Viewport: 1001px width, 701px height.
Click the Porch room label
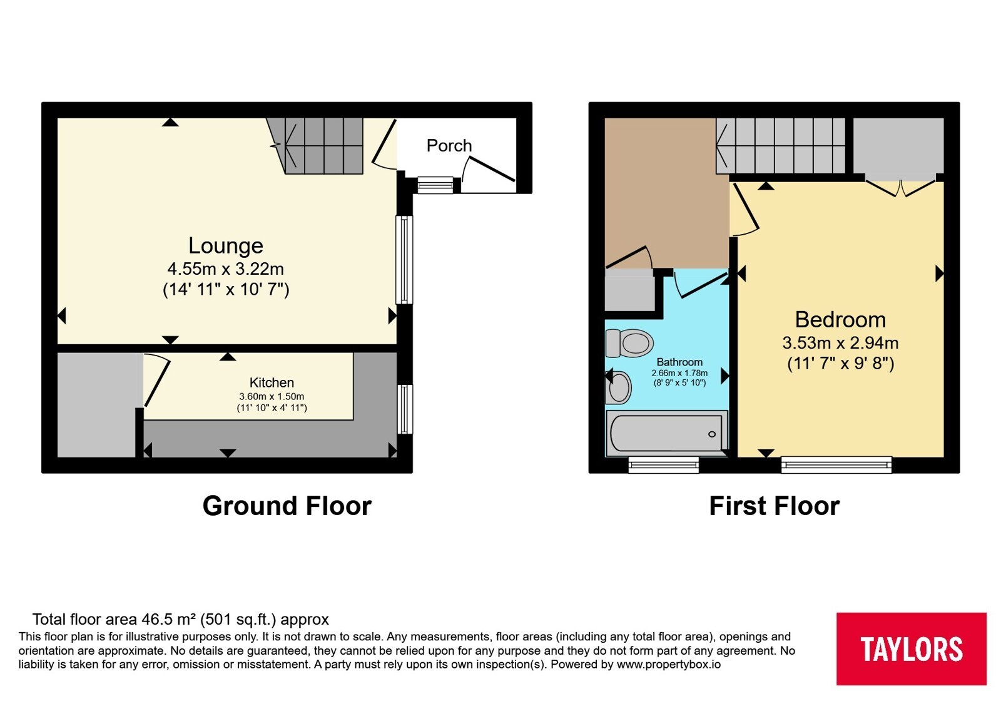[449, 146]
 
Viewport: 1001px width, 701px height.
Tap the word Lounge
[226, 245]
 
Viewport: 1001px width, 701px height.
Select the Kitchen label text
[272, 382]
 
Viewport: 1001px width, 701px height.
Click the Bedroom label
[840, 320]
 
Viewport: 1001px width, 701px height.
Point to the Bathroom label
[679, 362]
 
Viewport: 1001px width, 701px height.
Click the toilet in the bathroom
[629, 344]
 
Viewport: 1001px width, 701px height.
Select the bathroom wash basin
[619, 387]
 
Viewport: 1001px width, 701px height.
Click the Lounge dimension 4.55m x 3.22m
[226, 269]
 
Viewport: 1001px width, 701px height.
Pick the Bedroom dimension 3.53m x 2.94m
[840, 343]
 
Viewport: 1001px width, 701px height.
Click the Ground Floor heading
[287, 506]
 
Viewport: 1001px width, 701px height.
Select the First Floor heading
[775, 506]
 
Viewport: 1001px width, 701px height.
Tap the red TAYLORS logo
[911, 648]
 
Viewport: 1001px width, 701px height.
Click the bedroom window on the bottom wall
[836, 464]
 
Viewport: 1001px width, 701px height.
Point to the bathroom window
[664, 464]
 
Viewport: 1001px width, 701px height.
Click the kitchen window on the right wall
[404, 409]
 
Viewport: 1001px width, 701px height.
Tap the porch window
[435, 185]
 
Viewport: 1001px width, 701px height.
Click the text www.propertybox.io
[669, 664]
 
